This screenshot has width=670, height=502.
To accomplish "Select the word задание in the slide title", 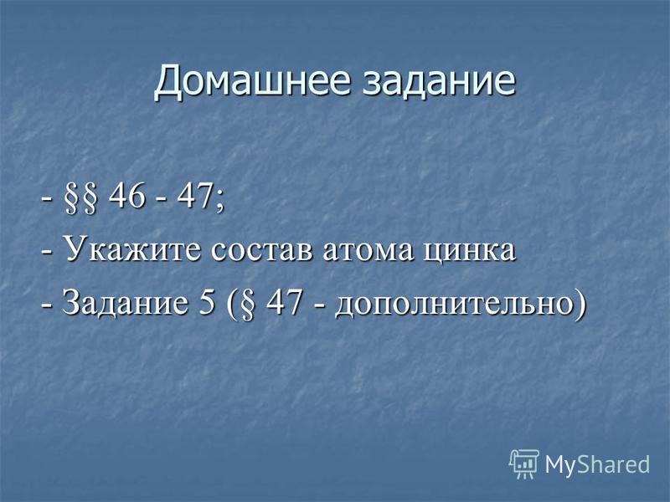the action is (x=439, y=81).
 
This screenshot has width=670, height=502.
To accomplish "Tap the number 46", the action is (x=127, y=197).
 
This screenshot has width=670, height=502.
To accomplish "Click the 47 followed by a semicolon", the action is (x=195, y=197).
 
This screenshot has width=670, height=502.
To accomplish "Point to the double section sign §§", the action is (x=80, y=198).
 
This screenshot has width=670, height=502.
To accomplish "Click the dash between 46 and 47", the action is (x=162, y=200).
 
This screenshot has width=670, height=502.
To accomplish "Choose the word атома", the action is (x=368, y=252).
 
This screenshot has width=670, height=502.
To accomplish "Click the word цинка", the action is (x=470, y=253).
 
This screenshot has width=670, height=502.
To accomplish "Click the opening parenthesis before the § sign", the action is (x=231, y=305).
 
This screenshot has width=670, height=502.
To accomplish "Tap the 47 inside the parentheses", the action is (x=285, y=302).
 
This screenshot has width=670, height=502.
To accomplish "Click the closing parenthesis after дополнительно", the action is (x=580, y=305).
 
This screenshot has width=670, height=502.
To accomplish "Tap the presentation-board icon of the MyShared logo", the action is (x=524, y=464).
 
